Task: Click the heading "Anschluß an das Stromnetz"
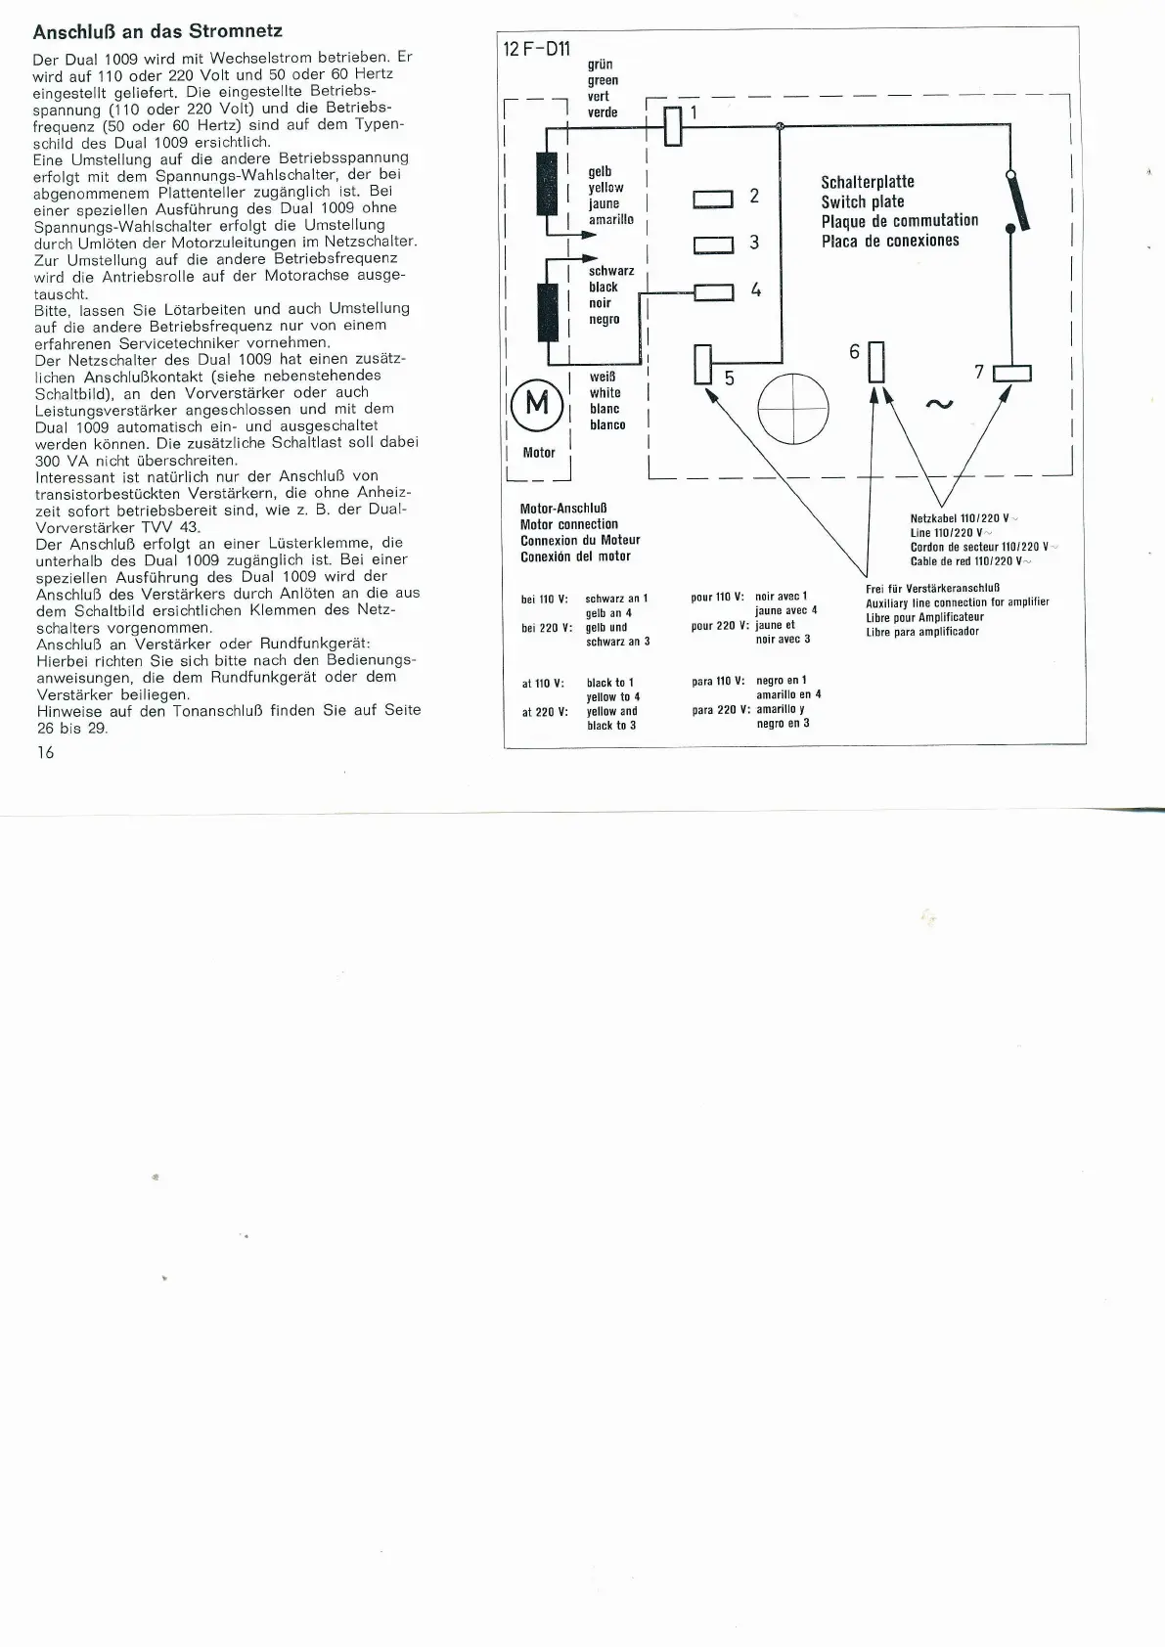pos(157,31)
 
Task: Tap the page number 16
pos(45,751)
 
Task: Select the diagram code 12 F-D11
pos(537,49)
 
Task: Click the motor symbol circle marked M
pos(537,402)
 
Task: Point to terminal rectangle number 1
pos(673,125)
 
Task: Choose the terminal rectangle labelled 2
pos(713,199)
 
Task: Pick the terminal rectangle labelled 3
pos(713,245)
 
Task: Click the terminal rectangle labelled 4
pos(713,291)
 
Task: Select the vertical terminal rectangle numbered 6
pos(875,361)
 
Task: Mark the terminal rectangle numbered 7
pos(1011,373)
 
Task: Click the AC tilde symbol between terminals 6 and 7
pos(938,403)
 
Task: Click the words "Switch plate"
pos(863,201)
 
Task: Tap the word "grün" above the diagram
pos(600,65)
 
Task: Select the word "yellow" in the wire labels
pos(605,188)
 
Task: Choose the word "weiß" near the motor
pos(603,377)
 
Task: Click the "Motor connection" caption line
pos(569,524)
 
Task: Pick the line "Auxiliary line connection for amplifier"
pos(957,602)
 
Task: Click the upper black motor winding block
pos(546,183)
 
